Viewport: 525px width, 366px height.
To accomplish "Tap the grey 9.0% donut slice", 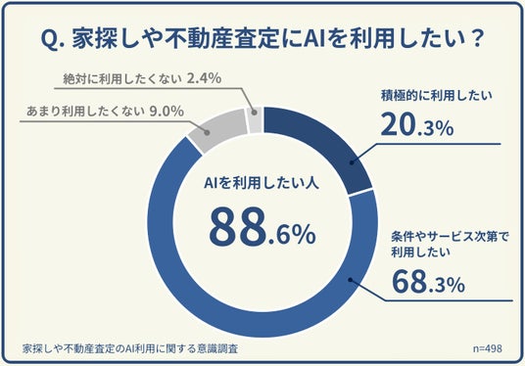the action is click(217, 129).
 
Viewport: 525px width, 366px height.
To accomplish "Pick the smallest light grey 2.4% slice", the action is click(255, 120).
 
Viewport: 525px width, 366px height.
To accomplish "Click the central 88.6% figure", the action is click(262, 227).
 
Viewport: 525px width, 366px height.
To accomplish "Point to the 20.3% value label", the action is click(417, 124).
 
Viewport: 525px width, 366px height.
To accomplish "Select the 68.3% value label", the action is click(428, 282).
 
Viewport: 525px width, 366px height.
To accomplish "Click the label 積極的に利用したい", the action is click(437, 96).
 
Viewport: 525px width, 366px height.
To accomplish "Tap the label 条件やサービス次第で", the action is click(450, 237).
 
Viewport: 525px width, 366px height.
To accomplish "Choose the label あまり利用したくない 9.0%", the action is click(105, 112).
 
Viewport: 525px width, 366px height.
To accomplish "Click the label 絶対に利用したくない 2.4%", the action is click(142, 78).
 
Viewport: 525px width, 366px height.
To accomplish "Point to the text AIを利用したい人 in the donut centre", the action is click(262, 183).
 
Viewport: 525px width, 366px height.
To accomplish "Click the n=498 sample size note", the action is click(488, 348).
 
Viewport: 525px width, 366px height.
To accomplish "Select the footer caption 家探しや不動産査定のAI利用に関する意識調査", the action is click(130, 348).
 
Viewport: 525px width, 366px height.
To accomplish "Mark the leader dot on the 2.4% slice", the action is click(254, 113).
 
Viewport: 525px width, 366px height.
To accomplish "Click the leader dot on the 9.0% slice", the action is click(207, 132).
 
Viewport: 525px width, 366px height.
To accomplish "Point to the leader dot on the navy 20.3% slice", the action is click(352, 162).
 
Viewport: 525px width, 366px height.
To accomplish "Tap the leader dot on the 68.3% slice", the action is click(351, 280).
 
